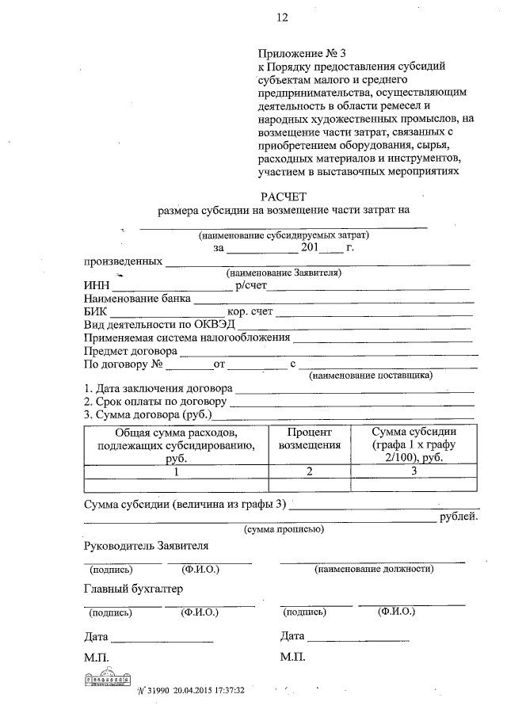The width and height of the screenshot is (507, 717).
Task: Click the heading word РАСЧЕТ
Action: pos(284,196)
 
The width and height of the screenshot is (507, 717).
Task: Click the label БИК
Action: pos(96,312)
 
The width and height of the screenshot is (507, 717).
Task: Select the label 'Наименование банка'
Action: pos(136,299)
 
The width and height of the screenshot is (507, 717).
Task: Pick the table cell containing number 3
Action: pos(413,471)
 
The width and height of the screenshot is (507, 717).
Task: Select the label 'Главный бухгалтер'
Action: pos(132,589)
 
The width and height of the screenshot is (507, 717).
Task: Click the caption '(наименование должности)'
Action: pos(374,569)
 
